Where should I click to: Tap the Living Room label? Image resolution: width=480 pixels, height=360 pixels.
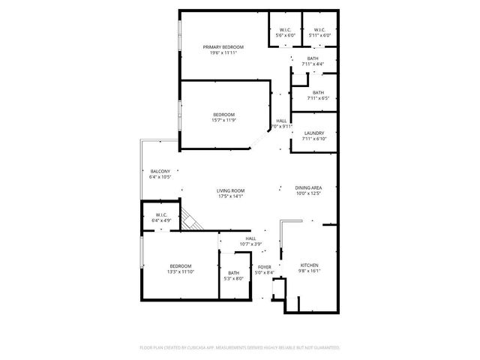point(231,190)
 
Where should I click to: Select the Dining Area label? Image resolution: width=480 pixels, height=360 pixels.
point(308,187)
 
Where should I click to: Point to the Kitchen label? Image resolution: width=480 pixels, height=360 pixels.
point(310,265)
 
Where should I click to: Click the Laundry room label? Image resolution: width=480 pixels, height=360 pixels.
point(314,133)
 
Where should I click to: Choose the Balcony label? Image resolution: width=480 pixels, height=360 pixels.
point(160,171)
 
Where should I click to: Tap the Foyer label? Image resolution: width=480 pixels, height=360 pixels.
point(265,267)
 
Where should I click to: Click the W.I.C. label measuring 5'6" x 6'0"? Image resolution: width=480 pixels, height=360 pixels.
point(286,31)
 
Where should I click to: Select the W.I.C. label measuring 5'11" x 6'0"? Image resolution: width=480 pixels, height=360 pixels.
point(319,31)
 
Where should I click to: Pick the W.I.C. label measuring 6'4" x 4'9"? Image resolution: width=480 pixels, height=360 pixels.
point(161,215)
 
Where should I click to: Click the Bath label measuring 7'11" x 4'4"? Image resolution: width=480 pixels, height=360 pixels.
point(313,58)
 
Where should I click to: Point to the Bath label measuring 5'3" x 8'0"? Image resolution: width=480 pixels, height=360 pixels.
point(234,273)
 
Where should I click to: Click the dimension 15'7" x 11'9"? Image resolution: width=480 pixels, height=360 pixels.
point(223,120)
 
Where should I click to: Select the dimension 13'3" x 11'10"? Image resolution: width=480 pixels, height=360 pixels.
point(180,272)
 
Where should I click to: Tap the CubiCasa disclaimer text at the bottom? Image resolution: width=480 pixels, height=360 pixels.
point(240,348)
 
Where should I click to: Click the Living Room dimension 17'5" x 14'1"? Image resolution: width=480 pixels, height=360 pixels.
point(231,196)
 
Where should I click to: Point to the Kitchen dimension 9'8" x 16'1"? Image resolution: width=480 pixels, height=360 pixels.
point(310,271)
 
